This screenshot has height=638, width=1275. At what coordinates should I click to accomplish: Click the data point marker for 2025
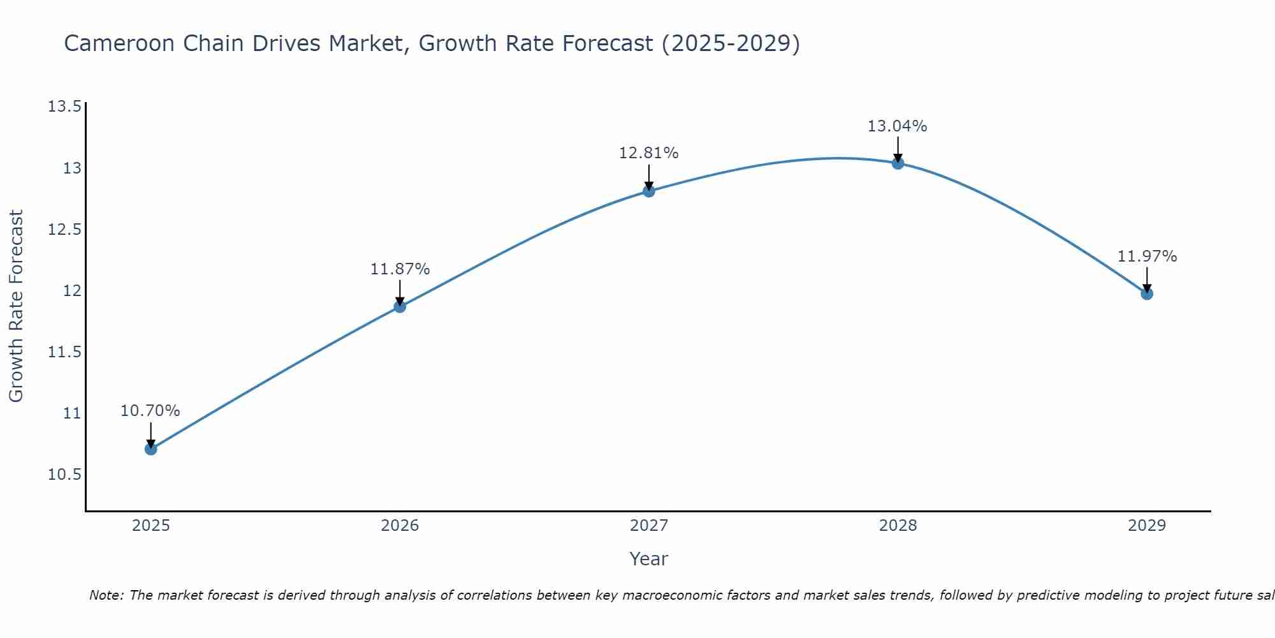[x=150, y=449]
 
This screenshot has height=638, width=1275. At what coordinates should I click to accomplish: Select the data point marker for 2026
[x=400, y=307]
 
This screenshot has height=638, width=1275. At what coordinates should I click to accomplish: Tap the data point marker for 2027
[x=649, y=191]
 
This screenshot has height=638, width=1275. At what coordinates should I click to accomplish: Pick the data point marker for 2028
[x=898, y=163]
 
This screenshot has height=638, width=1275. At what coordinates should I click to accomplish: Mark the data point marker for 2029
[x=1147, y=294]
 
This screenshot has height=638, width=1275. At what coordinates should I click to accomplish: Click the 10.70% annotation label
[x=150, y=411]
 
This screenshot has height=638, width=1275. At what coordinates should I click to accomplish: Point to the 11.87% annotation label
[x=400, y=269]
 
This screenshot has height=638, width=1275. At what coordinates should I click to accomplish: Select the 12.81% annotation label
[x=649, y=153]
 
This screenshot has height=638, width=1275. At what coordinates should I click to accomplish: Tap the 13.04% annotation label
[x=898, y=126]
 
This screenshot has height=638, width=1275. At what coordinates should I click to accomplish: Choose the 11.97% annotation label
[x=1147, y=256]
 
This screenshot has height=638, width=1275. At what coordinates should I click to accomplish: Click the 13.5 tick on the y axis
[x=64, y=107]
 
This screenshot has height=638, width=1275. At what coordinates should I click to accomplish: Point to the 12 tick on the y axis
[x=72, y=291]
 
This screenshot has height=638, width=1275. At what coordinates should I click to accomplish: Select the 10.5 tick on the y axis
[x=64, y=475]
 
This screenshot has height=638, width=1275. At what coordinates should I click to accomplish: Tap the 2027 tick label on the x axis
[x=649, y=526]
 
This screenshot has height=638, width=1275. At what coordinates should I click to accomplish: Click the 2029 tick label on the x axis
[x=1147, y=526]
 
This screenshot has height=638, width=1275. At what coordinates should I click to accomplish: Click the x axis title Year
[x=649, y=559]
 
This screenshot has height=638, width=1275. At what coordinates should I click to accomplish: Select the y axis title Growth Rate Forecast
[x=16, y=306]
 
